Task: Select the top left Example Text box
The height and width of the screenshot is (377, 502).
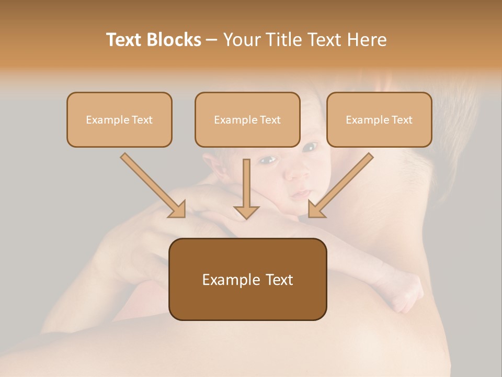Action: [x=119, y=119]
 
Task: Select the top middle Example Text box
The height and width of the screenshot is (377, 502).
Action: [x=247, y=119]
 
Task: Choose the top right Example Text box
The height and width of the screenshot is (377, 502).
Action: [x=379, y=119]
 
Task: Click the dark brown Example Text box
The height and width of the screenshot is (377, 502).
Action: [x=247, y=279]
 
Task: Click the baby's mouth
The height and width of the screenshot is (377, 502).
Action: [x=302, y=194]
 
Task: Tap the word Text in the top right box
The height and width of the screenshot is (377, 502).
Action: [x=402, y=120]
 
